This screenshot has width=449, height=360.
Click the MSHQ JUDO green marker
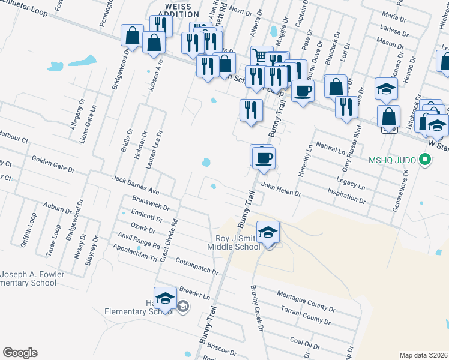click(425, 160)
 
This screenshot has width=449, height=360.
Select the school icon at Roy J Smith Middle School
click(268, 232)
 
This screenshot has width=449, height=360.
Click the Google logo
click(20, 353)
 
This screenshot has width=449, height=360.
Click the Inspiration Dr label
click(346, 196)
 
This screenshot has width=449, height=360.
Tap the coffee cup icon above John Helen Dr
click(263, 158)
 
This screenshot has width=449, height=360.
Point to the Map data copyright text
click(423, 355)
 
